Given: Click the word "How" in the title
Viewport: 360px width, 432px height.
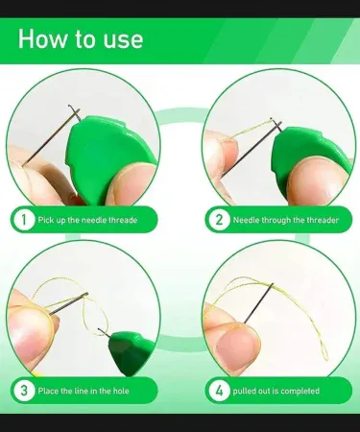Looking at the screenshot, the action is click(x=43, y=38).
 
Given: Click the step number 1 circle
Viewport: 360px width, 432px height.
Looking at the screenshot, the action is click(x=23, y=220).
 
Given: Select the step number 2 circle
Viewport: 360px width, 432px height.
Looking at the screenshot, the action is click(x=219, y=220).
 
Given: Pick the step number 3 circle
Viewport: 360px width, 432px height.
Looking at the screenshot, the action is click(x=23, y=391).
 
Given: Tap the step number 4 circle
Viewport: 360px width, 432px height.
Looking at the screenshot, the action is click(x=219, y=391).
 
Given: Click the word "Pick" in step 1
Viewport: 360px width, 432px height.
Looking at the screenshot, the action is click(x=45, y=220).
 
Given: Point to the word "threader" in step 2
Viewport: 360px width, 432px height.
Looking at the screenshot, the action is click(x=323, y=220).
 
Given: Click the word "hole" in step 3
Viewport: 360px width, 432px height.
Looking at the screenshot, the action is click(x=121, y=391).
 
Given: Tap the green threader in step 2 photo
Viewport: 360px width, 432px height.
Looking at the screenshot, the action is click(x=307, y=151).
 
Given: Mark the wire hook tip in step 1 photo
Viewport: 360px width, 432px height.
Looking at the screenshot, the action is click(x=69, y=106).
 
